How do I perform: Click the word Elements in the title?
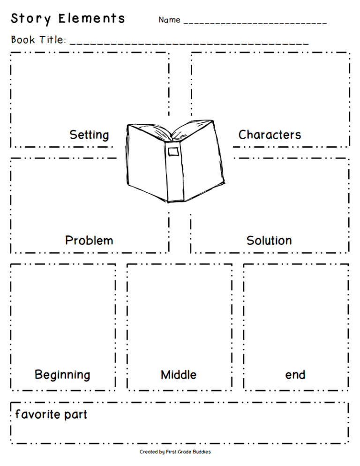click(x=92, y=19)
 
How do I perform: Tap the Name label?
click(x=169, y=20)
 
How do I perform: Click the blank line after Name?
click(x=255, y=23)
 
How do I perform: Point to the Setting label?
click(x=89, y=135)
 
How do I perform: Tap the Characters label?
click(x=270, y=135)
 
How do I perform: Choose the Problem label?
click(x=89, y=241)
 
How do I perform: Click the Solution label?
click(x=269, y=241)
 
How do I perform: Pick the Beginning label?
click(x=62, y=375)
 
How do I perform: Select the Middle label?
click(x=179, y=375)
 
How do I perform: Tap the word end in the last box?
click(x=295, y=375)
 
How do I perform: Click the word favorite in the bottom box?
click(x=38, y=414)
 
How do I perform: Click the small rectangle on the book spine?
click(x=173, y=151)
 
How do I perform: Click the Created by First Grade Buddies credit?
click(x=175, y=452)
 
